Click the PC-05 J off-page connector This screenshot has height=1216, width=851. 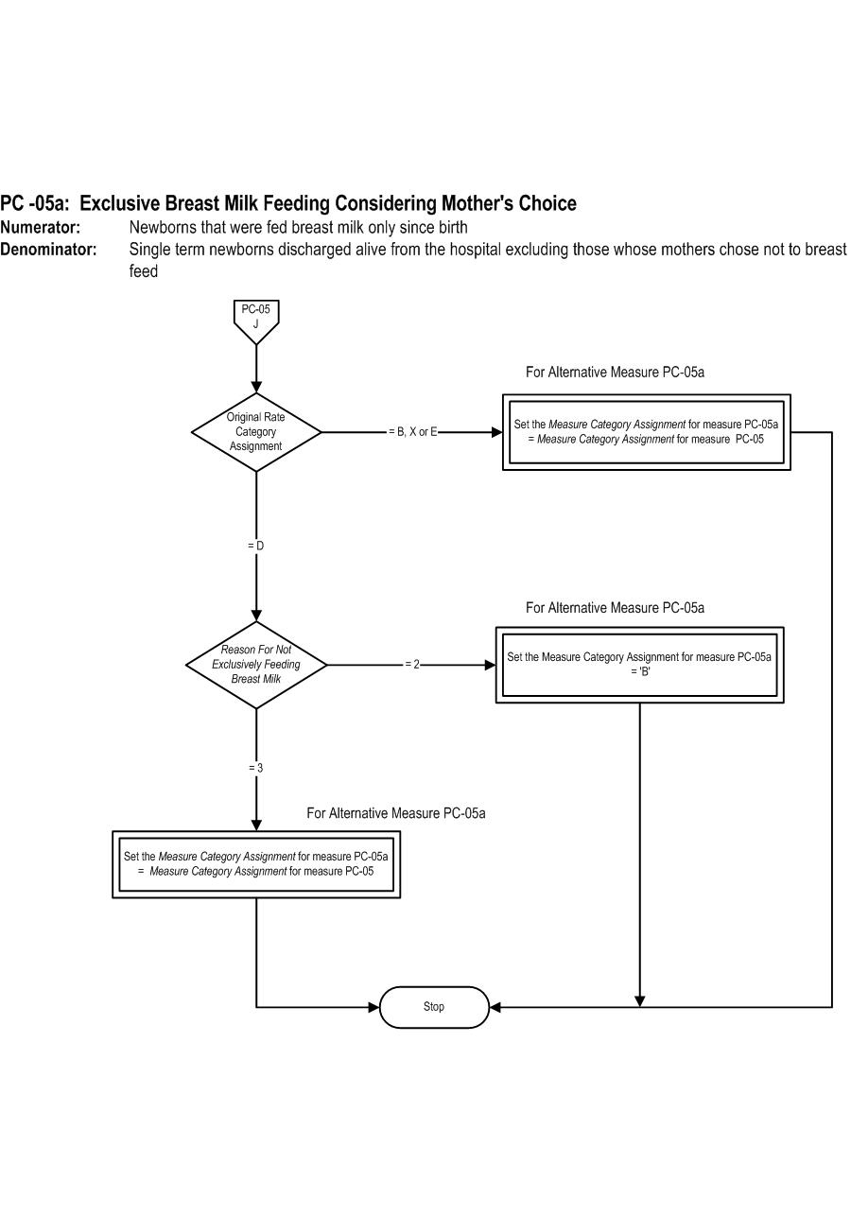pyautogui.click(x=256, y=321)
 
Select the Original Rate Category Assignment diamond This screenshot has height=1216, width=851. pyautogui.click(x=256, y=432)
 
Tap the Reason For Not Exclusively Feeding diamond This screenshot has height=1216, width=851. pyautogui.click(x=256, y=665)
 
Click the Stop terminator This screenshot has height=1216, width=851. pyautogui.click(x=434, y=1007)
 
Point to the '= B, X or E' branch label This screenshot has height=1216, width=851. pyautogui.click(x=413, y=432)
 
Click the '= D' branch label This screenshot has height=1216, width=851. pyautogui.click(x=255, y=546)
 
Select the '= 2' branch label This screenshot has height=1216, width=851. pyautogui.click(x=412, y=665)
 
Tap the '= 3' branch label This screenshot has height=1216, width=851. pyautogui.click(x=255, y=768)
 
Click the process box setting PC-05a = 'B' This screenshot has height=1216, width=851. pyautogui.click(x=640, y=665)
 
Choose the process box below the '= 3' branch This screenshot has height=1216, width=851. pyautogui.click(x=256, y=864)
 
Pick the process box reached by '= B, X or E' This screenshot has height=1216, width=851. pyautogui.click(x=647, y=432)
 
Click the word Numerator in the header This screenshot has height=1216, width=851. pyautogui.click(x=40, y=228)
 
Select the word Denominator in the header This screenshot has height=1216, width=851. pyautogui.click(x=48, y=250)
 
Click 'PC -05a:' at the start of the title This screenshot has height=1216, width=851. pyautogui.click(x=35, y=203)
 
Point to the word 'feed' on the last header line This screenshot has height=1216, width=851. pyautogui.click(x=144, y=270)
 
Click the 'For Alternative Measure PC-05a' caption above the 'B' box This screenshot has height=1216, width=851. pyautogui.click(x=615, y=607)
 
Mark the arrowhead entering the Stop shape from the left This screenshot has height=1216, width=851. pyautogui.click(x=373, y=1008)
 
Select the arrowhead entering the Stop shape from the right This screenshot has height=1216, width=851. pyautogui.click(x=495, y=1008)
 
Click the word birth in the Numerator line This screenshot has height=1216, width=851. pyautogui.click(x=450, y=228)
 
